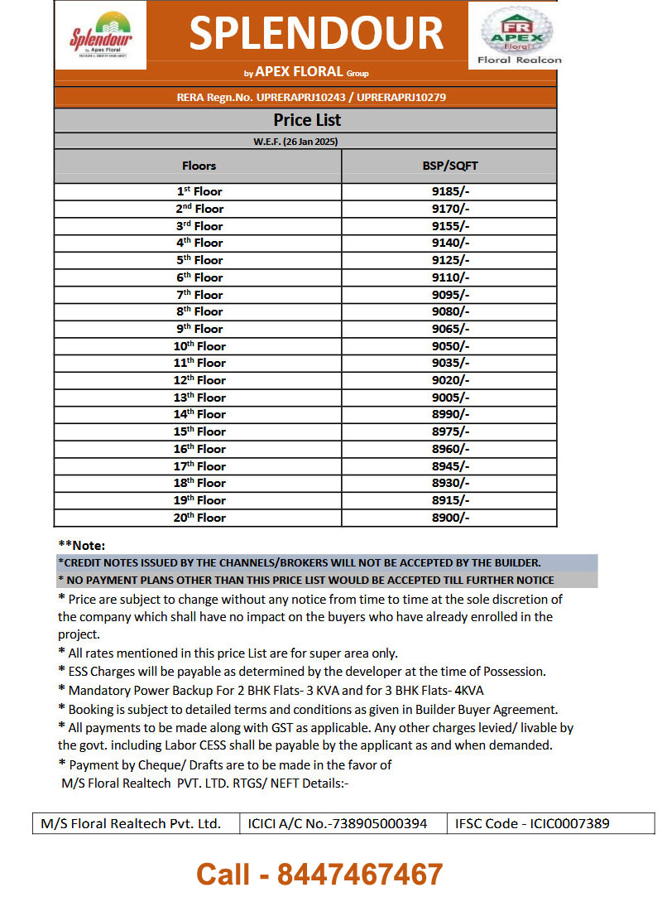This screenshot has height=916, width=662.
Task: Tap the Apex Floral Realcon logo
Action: (519, 36)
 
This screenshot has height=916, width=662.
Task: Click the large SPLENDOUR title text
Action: (316, 34)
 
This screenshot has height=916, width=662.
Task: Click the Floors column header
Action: (199, 166)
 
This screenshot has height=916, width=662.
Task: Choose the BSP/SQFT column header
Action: (449, 166)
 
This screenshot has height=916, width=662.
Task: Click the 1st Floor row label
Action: (199, 191)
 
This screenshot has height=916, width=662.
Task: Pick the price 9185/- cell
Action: (449, 191)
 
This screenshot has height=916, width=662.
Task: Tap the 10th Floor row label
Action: (199, 346)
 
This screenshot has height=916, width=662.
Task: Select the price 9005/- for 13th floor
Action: (449, 398)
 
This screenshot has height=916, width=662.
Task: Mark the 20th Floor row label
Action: (199, 518)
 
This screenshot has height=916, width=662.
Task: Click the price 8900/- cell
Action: (449, 518)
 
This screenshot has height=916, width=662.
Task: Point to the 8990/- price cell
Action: (449, 414)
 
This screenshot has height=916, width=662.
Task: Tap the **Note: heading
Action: (82, 545)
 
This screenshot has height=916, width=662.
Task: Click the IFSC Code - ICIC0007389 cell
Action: (544, 823)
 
